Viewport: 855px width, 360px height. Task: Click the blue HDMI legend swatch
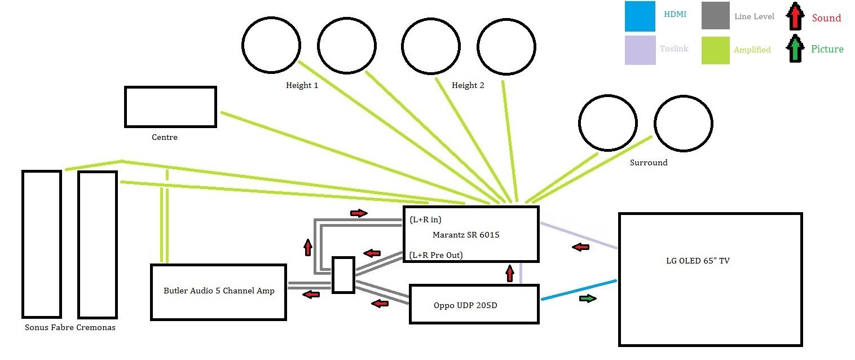640,16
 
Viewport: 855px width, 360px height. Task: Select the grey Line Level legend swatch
716,16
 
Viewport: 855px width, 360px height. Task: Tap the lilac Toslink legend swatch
640,50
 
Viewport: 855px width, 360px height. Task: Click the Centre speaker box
170,107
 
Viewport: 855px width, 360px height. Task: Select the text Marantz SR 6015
466,235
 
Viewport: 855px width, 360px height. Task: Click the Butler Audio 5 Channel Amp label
219,291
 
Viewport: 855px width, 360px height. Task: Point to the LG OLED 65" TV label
698,261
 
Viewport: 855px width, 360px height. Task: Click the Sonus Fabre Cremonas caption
70,327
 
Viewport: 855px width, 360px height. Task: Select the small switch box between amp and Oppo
343,275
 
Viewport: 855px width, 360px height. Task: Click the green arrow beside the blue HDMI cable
588,298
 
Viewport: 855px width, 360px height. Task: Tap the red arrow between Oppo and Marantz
510,274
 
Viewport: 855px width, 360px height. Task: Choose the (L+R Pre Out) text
436,255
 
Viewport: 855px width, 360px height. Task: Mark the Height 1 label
302,86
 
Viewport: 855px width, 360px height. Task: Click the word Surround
649,163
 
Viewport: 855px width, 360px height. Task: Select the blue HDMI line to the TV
579,289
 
